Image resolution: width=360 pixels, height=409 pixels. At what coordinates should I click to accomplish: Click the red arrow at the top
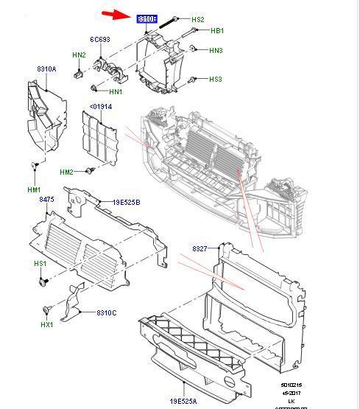point(114,13)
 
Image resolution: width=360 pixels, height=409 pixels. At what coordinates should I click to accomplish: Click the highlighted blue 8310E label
point(147,18)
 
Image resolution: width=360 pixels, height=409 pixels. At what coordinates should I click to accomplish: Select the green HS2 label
point(197,19)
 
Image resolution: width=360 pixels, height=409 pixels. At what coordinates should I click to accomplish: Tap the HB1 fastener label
point(216,31)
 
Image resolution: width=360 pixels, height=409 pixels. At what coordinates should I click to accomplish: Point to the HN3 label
point(216,50)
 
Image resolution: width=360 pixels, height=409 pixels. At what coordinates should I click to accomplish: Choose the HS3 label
point(215,79)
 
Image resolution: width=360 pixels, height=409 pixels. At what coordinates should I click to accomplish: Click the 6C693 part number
point(100,39)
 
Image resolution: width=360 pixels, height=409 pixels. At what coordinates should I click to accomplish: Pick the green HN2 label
point(79,55)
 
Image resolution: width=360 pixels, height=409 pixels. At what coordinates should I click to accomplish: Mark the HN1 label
point(116,91)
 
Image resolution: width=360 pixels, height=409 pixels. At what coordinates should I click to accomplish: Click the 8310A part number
point(46,69)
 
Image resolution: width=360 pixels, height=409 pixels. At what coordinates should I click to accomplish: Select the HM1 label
point(34,189)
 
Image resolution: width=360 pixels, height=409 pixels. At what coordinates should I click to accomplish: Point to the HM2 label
point(67,172)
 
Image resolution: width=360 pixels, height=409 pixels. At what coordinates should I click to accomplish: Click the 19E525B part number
point(126,202)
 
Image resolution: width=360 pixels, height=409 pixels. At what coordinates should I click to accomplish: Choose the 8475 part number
point(46,200)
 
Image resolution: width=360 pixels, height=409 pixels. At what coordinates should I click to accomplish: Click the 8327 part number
point(202,249)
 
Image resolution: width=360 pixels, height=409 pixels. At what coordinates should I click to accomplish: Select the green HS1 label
point(40,264)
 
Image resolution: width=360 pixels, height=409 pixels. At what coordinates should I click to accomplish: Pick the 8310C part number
point(106,313)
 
